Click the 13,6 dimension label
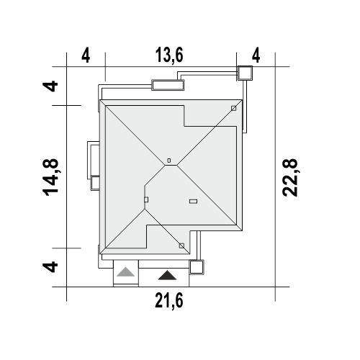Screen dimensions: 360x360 (169, 55)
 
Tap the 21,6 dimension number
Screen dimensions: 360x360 (169, 300)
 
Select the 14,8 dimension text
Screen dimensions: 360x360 (50, 177)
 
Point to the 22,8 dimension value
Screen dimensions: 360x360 (290, 178)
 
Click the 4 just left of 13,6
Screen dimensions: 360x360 (86, 55)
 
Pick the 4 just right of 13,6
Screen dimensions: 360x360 (256, 55)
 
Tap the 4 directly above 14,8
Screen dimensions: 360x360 (50, 86)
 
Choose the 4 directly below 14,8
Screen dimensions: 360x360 (50, 267)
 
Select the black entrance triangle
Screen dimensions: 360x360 (167, 275)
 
